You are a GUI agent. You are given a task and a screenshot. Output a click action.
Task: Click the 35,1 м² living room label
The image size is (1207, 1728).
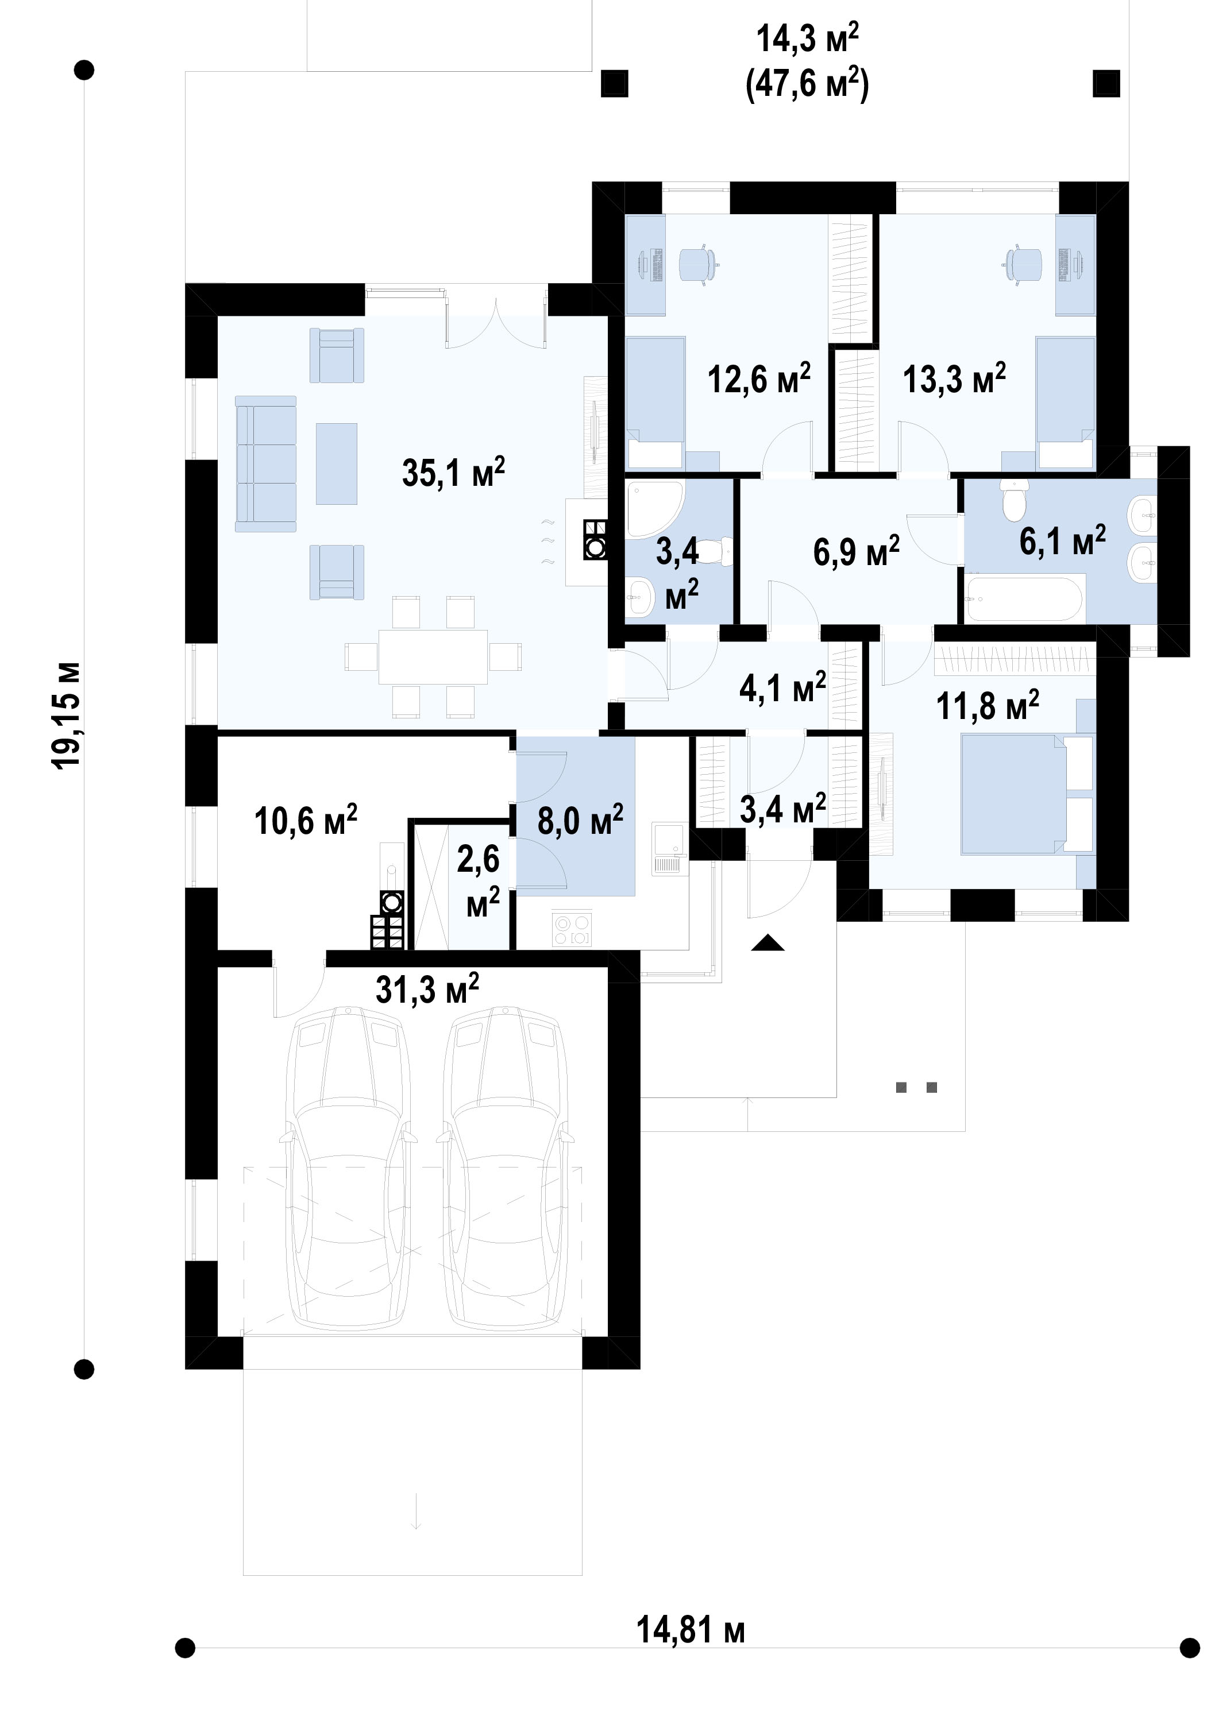coord(453,473)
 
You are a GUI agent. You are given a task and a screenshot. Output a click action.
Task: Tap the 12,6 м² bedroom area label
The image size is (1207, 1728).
coord(759,378)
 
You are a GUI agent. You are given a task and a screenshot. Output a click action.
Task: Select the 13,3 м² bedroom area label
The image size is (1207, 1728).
coord(954,378)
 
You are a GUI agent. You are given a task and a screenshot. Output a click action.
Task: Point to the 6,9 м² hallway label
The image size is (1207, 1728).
coord(856,552)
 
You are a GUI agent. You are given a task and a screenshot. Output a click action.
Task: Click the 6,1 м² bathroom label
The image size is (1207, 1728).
coord(1062,541)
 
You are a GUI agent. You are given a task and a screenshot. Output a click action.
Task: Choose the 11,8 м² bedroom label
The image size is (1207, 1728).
coord(987,706)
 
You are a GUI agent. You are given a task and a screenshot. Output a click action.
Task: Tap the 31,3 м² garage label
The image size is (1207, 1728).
coord(427,989)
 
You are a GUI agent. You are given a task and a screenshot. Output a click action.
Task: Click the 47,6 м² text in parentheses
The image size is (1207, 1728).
coord(807,83)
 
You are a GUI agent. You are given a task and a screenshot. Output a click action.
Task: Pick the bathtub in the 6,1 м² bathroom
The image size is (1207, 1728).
coord(1025,598)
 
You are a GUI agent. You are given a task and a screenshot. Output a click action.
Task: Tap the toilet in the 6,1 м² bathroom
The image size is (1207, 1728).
coord(1014,501)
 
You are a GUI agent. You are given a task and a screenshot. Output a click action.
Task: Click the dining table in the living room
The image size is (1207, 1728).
coord(433,657)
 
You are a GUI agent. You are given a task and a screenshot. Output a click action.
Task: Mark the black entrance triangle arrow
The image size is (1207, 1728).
coord(768,942)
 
